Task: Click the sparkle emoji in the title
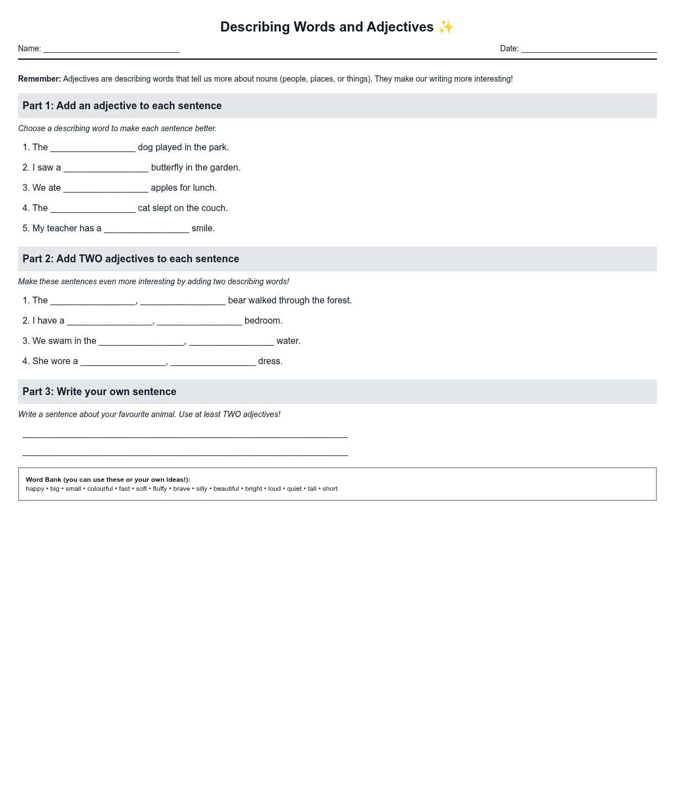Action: (445, 27)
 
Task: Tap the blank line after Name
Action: (111, 49)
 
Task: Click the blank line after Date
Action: (588, 49)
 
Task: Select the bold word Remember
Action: (39, 79)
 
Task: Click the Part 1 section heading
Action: (122, 106)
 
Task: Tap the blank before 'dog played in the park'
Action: (93, 147)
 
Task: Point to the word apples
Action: (164, 188)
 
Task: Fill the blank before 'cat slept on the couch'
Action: (93, 208)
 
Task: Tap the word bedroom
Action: (263, 321)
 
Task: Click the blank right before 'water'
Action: (231, 341)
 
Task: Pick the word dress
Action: (269, 361)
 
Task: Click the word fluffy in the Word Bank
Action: (160, 489)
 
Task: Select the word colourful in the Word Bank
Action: (100, 489)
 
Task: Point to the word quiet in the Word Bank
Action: (294, 489)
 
